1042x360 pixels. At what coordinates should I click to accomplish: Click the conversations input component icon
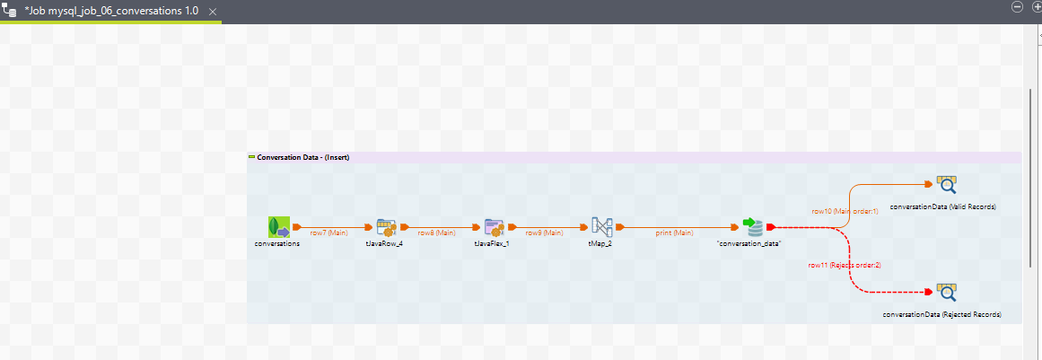[x=278, y=227]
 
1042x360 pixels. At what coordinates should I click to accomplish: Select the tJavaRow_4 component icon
[x=387, y=227]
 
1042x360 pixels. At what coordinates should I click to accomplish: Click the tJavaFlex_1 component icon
[x=494, y=227]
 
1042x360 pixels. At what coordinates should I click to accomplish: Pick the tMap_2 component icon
[x=601, y=227]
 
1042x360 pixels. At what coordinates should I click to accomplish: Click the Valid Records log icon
[x=946, y=186]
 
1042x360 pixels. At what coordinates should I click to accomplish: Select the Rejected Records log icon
[x=946, y=293]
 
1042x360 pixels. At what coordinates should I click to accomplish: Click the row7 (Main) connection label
[x=328, y=233]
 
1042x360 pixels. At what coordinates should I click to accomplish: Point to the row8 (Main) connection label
[x=436, y=233]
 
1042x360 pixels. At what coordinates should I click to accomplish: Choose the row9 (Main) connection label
[x=544, y=233]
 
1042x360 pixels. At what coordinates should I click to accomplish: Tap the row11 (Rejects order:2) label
[x=845, y=265]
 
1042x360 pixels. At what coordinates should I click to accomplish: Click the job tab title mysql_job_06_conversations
[x=112, y=10]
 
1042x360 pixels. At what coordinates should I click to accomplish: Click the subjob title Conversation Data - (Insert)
[x=302, y=157]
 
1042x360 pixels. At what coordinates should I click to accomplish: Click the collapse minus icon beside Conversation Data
[x=252, y=157]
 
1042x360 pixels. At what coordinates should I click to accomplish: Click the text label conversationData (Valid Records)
[x=943, y=206]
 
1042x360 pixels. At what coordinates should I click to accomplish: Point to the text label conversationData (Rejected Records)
[x=941, y=314]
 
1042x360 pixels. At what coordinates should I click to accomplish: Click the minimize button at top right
[x=1016, y=6]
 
